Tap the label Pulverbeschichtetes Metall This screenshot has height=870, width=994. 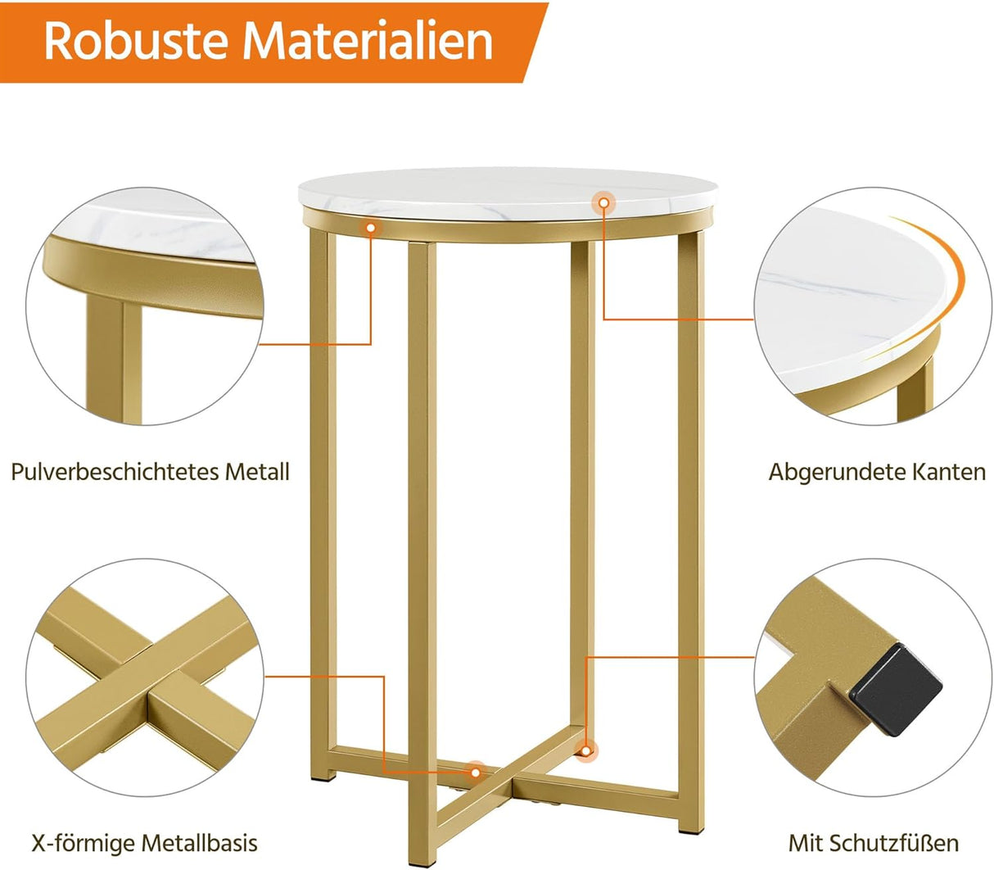pos(150,472)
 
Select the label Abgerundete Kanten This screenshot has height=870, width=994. pos(877,472)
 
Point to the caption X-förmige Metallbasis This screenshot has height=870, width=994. pos(144,842)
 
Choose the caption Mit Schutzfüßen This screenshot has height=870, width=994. pos(873,842)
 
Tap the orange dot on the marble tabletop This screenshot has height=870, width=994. pos(603,202)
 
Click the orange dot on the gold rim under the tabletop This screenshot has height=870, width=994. pos(371,229)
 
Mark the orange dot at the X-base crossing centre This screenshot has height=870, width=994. pos(474,770)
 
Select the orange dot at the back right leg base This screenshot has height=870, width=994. pos(585,749)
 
